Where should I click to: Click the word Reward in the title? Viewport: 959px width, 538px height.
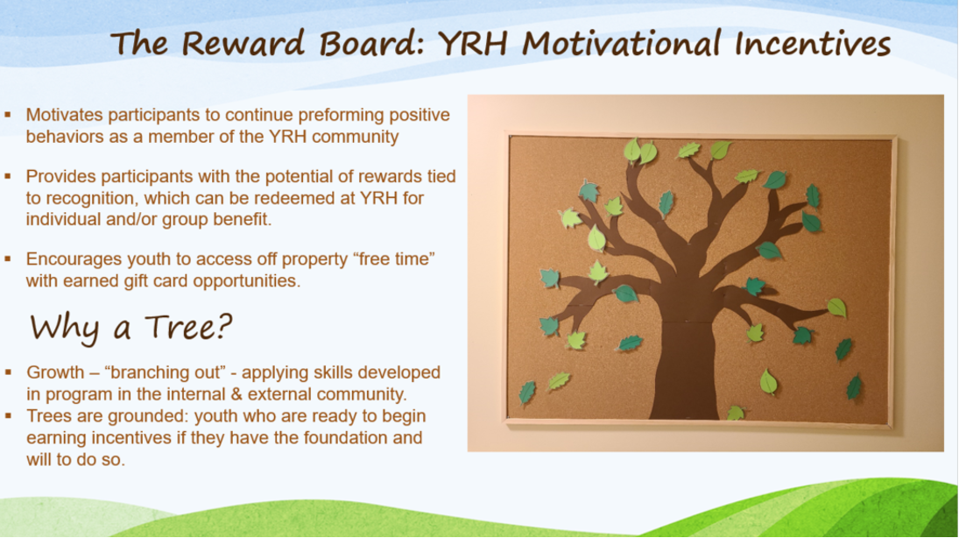243,44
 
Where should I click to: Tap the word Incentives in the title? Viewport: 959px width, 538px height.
812,44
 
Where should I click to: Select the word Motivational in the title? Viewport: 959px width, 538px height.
622,44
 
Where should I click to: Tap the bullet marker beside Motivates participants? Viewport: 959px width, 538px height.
8,115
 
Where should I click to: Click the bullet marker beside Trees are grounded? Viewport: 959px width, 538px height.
8,415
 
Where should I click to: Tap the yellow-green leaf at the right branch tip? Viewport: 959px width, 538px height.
836,308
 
